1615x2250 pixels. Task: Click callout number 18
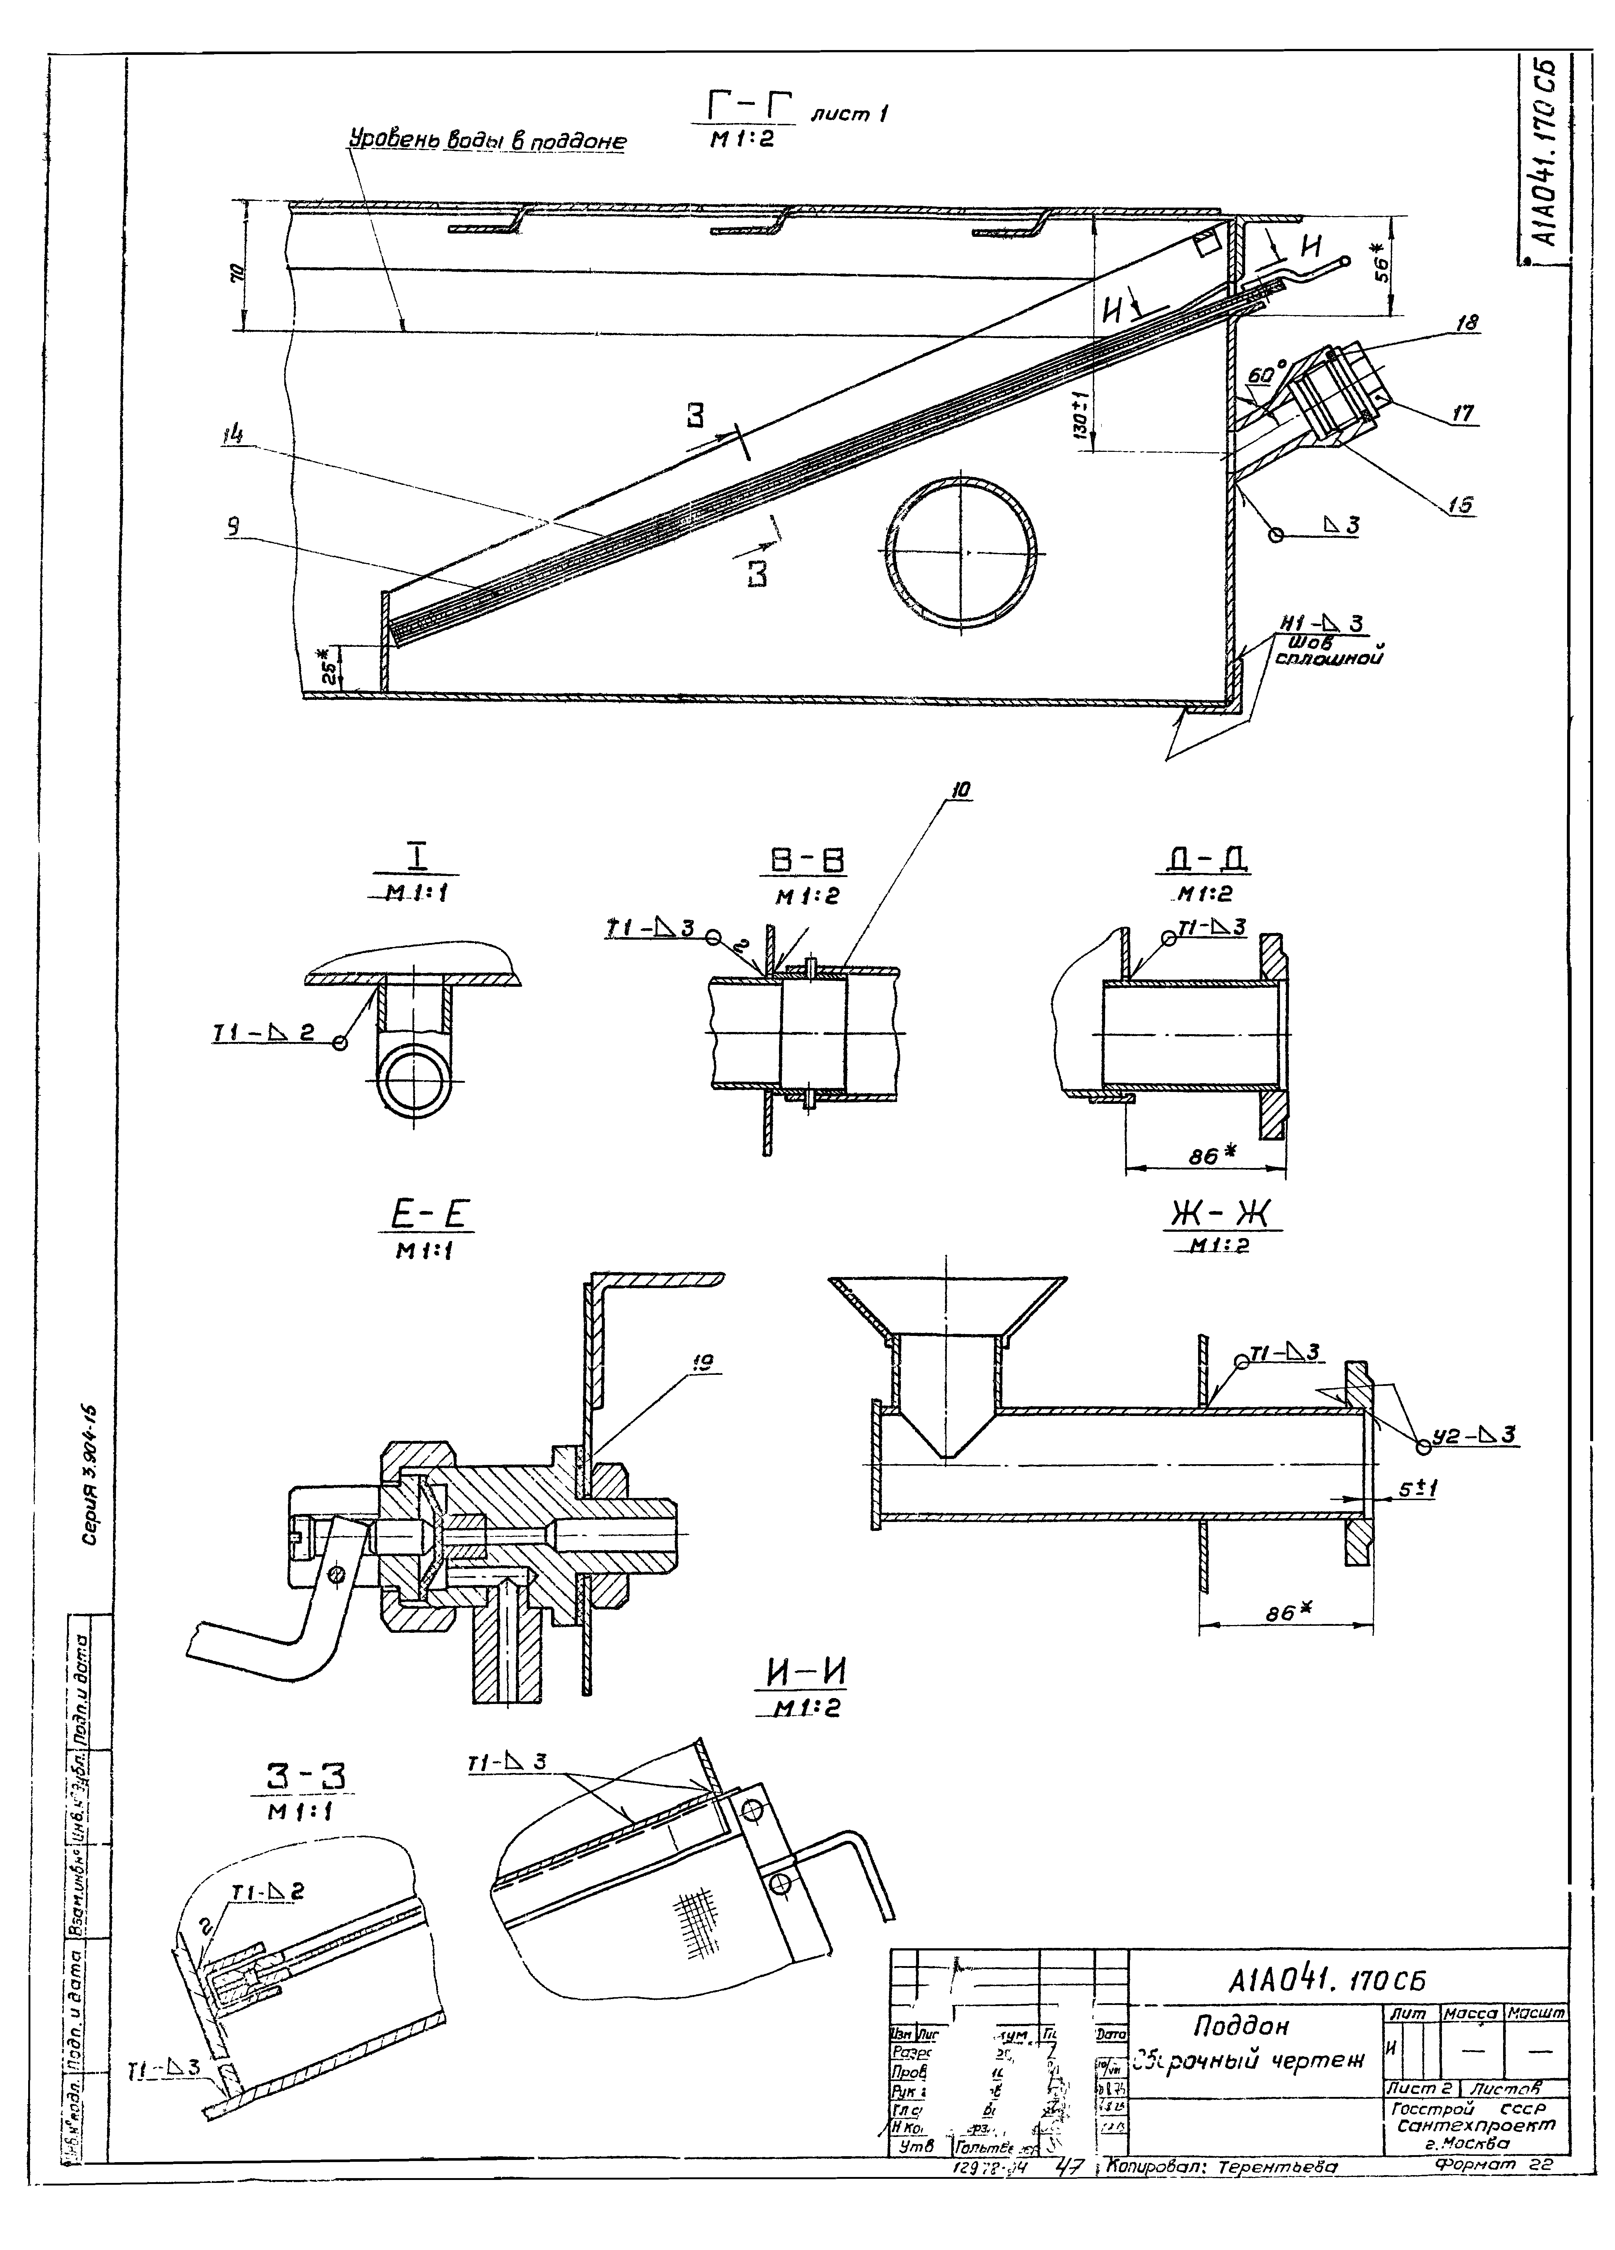pos(1468,323)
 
